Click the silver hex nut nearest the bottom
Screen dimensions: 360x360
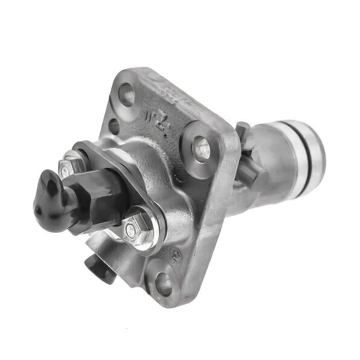coord(131,229)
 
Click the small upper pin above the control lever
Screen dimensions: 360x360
coord(243,131)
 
